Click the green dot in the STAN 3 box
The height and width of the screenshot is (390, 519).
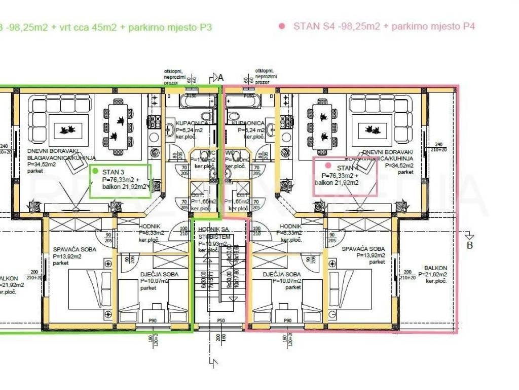coord(95,171)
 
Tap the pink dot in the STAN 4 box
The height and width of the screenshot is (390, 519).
coord(328,166)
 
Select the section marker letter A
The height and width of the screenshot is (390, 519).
coord(220,78)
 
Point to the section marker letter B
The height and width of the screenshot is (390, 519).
coord(469,246)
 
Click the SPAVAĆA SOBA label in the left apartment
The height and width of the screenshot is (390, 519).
coord(70,249)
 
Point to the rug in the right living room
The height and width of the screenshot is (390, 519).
coord(376,129)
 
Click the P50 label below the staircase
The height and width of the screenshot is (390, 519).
coord(220,321)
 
